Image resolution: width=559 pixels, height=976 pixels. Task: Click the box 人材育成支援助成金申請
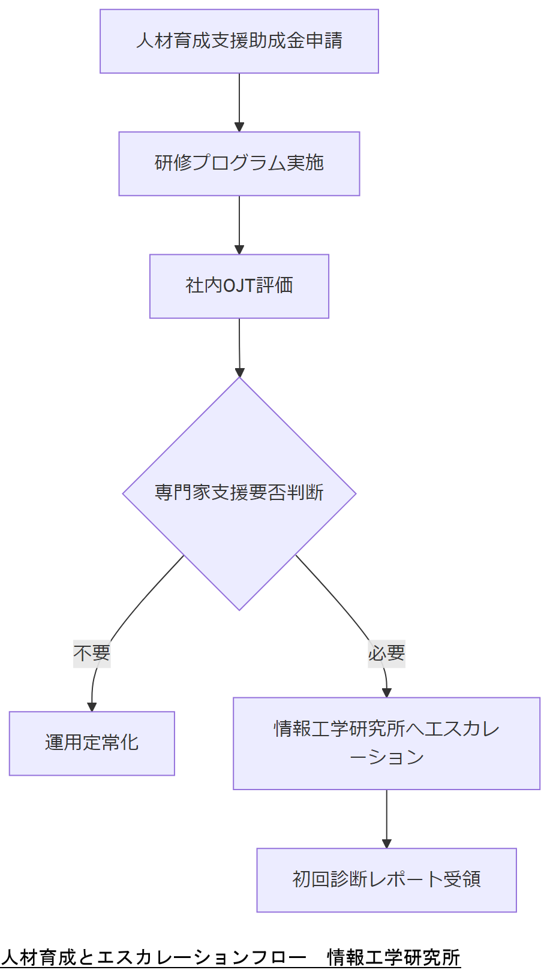tap(239, 41)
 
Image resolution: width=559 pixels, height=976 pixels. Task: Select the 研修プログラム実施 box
tap(239, 164)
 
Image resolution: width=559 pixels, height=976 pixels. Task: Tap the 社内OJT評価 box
tap(239, 286)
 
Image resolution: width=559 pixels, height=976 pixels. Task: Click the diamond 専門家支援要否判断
tap(239, 493)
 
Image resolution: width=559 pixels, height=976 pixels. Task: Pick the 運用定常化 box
tap(92, 743)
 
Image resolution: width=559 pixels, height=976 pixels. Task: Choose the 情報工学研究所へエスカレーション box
tap(386, 743)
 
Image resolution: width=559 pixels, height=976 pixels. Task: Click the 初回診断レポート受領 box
tap(386, 879)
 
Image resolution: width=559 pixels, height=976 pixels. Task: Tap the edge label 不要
tap(92, 653)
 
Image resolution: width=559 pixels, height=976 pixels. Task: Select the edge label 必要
tap(386, 653)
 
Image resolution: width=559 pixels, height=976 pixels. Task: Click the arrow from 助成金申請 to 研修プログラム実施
tap(239, 102)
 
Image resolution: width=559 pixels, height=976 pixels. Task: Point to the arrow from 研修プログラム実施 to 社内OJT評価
tap(239, 225)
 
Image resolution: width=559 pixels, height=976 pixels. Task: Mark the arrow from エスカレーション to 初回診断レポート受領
tap(386, 818)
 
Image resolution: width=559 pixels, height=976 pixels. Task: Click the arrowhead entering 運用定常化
tap(92, 707)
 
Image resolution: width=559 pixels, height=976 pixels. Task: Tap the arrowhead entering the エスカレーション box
tap(387, 693)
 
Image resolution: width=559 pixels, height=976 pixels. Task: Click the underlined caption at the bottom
tap(230, 957)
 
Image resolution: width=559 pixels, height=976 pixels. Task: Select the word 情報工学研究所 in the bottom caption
tap(393, 957)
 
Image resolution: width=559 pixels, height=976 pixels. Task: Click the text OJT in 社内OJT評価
tap(239, 286)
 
